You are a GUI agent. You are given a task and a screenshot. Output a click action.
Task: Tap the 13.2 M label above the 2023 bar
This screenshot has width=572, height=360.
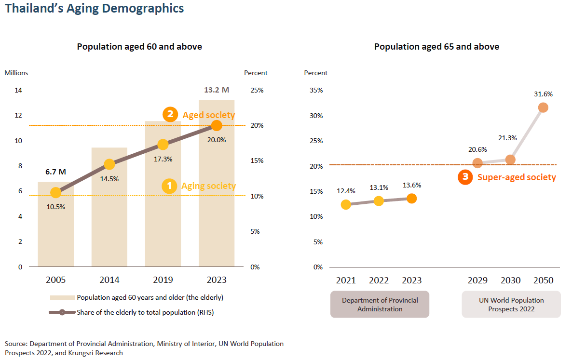[217, 90]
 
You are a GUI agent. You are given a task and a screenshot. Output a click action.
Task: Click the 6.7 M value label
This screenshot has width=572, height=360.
[56, 172]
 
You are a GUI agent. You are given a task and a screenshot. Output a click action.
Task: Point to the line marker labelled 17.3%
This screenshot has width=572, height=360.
[163, 144]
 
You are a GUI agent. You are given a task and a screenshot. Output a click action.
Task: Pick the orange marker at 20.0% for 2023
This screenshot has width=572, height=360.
[217, 126]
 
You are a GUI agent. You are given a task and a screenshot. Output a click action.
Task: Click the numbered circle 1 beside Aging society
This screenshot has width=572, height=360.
[169, 186]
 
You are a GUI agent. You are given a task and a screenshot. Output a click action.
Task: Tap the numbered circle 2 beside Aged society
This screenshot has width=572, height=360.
[170, 115]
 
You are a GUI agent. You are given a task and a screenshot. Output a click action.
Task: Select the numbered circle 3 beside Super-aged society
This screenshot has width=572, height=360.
[465, 177]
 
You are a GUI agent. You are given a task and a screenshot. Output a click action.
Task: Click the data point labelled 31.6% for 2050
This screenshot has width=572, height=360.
[543, 107]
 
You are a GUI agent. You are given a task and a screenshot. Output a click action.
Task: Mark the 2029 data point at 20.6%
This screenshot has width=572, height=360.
[477, 163]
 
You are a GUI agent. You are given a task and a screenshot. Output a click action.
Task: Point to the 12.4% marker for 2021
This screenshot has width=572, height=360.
[346, 204]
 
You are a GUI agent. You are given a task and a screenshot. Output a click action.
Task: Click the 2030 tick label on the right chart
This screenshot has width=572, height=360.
[510, 280]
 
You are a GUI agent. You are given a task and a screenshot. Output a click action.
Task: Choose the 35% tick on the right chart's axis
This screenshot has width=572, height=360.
[316, 90]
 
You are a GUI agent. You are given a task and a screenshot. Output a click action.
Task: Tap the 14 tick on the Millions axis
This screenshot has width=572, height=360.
[19, 90]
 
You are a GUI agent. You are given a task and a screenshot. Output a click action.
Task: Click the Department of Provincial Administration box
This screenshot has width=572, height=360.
[380, 305]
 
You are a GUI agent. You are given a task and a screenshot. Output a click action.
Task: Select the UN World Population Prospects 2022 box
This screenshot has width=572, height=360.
[511, 305]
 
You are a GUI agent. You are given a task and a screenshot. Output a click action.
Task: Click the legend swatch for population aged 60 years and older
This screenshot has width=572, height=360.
[62, 297]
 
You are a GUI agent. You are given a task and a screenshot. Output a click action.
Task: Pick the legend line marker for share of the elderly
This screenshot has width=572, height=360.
[62, 312]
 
